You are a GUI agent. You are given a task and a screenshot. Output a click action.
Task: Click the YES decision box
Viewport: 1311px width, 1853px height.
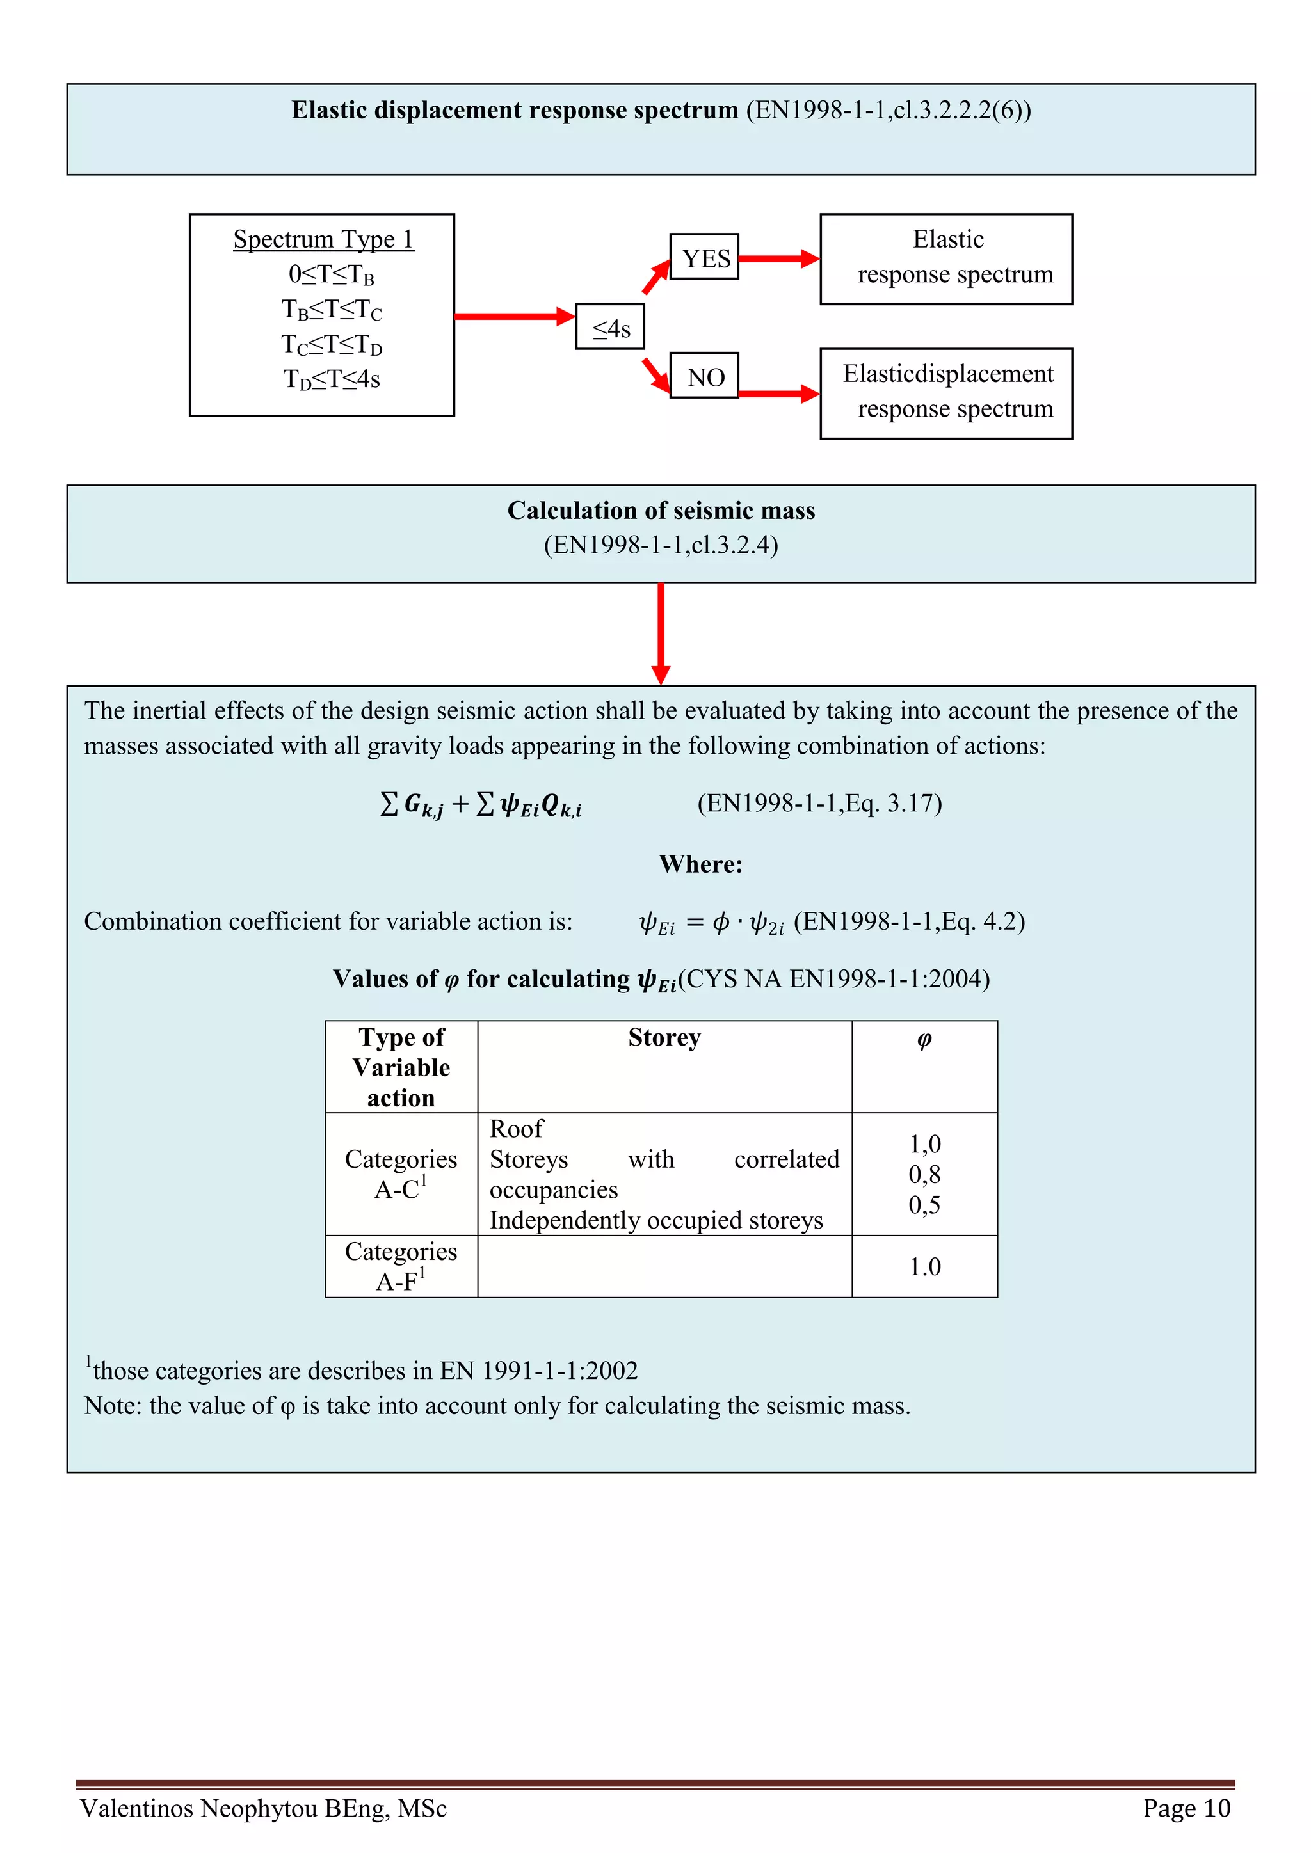pyautogui.click(x=704, y=257)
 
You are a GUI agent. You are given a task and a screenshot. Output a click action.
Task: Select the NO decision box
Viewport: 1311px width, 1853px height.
pyautogui.click(x=704, y=376)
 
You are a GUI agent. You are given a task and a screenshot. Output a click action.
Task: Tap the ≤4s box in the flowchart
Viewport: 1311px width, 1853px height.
pyautogui.click(x=610, y=327)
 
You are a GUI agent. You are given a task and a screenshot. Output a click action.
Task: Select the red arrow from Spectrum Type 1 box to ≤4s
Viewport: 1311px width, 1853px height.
pyautogui.click(x=514, y=316)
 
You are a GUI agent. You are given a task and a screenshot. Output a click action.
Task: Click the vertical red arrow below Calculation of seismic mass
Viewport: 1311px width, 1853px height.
pyautogui.click(x=661, y=633)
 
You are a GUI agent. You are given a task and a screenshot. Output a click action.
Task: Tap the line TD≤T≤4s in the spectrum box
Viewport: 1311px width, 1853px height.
pyautogui.click(x=331, y=379)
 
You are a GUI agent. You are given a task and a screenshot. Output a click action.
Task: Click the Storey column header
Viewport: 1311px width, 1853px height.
pyautogui.click(x=664, y=1037)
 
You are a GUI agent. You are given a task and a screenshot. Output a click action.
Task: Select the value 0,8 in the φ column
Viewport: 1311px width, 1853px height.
pyautogui.click(x=924, y=1174)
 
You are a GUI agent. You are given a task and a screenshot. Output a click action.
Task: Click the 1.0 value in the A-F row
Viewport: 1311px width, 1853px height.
pyautogui.click(x=924, y=1266)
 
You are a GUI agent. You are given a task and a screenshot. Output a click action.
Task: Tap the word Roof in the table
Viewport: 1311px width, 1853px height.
pyautogui.click(x=517, y=1128)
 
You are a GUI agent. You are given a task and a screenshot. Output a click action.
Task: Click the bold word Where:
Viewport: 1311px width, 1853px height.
pyautogui.click(x=700, y=864)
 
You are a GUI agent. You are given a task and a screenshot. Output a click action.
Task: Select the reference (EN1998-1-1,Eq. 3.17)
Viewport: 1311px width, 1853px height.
pyautogui.click(x=819, y=803)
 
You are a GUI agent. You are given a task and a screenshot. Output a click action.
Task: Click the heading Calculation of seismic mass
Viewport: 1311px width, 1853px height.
pyautogui.click(x=661, y=511)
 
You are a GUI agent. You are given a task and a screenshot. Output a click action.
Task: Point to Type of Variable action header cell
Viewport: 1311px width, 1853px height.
pyautogui.click(x=401, y=1067)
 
